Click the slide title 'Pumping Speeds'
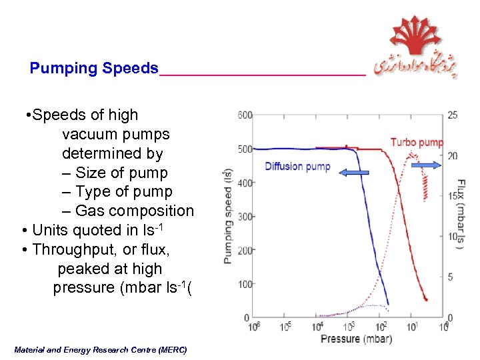point(94,69)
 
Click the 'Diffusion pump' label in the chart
point(297,166)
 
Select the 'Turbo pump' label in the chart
point(417,142)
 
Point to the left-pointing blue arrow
point(354,173)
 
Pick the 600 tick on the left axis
point(245,115)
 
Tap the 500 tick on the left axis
point(245,149)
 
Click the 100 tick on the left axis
point(245,284)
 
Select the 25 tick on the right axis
point(453,115)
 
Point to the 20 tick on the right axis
point(453,156)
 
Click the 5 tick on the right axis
point(451,277)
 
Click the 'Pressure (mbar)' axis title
point(356,339)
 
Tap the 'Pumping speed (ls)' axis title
point(228,216)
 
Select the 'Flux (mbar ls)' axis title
point(461,213)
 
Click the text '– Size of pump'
point(115,173)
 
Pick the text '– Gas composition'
point(128,211)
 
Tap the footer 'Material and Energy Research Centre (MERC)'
point(100,349)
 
